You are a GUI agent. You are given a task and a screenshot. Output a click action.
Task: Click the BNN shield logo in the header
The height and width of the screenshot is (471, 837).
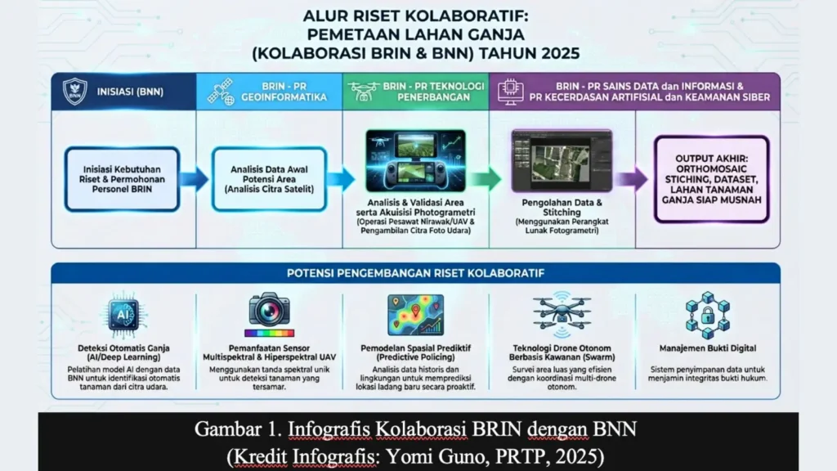(x=74, y=92)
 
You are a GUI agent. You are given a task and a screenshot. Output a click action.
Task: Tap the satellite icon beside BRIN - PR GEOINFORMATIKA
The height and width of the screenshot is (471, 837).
(x=221, y=92)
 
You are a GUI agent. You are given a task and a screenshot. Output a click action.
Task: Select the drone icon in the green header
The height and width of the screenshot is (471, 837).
(x=364, y=92)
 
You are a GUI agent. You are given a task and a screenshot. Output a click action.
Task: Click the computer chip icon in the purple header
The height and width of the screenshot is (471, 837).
(x=510, y=92)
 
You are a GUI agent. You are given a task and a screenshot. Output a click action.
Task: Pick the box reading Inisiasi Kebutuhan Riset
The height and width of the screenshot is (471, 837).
(x=123, y=179)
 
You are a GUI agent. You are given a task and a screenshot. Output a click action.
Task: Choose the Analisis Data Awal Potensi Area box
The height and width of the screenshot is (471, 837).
(x=269, y=179)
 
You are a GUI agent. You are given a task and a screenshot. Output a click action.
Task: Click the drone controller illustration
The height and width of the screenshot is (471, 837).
(x=415, y=161)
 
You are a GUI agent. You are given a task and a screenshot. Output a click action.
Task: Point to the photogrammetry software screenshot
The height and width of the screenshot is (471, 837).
(x=562, y=161)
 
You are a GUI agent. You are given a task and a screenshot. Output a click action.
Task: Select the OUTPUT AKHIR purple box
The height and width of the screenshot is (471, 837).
(x=712, y=179)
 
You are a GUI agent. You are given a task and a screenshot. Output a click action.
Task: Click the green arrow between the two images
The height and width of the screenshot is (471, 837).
(x=488, y=179)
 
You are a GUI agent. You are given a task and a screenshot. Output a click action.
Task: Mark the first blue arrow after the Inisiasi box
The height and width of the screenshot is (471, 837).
(x=195, y=179)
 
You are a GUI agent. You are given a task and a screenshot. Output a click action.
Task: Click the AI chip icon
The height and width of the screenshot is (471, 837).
(x=123, y=315)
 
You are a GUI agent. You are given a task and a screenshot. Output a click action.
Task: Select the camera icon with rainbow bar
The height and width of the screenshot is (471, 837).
(x=270, y=315)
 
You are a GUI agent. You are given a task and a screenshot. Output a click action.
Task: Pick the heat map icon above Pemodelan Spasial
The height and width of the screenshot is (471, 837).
(x=416, y=315)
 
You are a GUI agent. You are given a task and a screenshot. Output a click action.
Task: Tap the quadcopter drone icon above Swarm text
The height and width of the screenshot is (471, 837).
(x=562, y=315)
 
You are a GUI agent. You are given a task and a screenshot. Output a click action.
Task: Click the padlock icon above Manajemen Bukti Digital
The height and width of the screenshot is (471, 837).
(x=708, y=315)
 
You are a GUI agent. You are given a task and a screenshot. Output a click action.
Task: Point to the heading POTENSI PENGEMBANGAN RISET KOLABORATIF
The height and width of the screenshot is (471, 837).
(x=416, y=273)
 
